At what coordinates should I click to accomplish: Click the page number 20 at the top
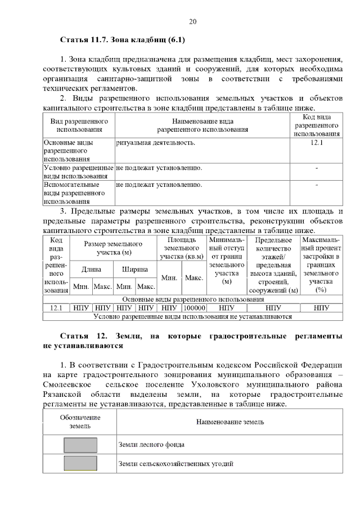click(x=192, y=22)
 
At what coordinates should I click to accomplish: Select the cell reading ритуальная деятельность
click(x=156, y=143)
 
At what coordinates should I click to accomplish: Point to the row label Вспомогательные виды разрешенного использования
click(x=79, y=192)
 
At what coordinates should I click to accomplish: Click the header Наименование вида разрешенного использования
click(x=202, y=125)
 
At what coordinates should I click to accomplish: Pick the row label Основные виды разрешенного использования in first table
click(x=79, y=151)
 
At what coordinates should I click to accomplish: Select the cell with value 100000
click(x=193, y=308)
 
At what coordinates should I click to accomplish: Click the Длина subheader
click(x=91, y=269)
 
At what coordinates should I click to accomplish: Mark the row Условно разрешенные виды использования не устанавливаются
click(x=193, y=316)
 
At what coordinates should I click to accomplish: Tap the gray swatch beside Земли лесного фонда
click(x=80, y=444)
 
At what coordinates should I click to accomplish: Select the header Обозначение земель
click(x=80, y=422)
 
